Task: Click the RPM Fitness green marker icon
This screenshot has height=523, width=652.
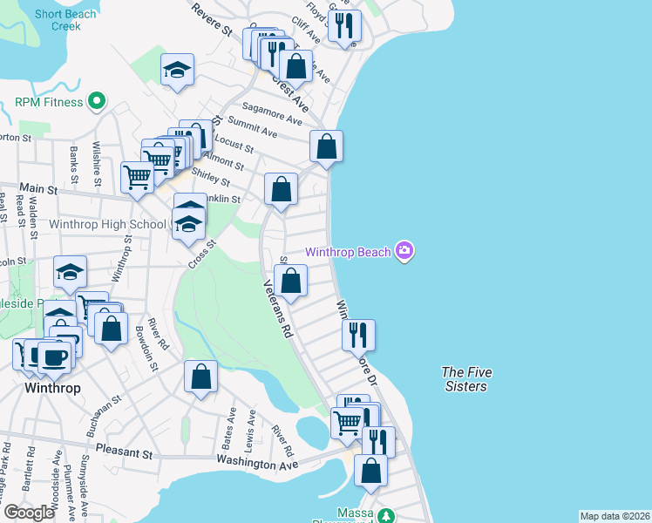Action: pos(97,102)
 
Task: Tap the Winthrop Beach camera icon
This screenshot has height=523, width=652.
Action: pos(404,252)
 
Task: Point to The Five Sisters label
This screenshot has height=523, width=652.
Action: pos(465,379)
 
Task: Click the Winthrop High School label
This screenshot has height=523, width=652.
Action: pos(107,224)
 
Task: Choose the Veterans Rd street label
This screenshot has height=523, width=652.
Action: pos(280,310)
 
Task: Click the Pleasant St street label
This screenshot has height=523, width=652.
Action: pos(124,454)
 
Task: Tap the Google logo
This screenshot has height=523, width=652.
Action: pos(29,513)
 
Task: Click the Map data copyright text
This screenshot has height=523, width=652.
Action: pos(615,516)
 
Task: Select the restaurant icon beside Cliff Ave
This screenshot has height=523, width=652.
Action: pos(345,26)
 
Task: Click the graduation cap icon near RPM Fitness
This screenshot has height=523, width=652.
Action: pos(177,70)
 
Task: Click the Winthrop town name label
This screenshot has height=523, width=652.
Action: pos(53,387)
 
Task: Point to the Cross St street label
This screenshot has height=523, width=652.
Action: pos(200,257)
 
